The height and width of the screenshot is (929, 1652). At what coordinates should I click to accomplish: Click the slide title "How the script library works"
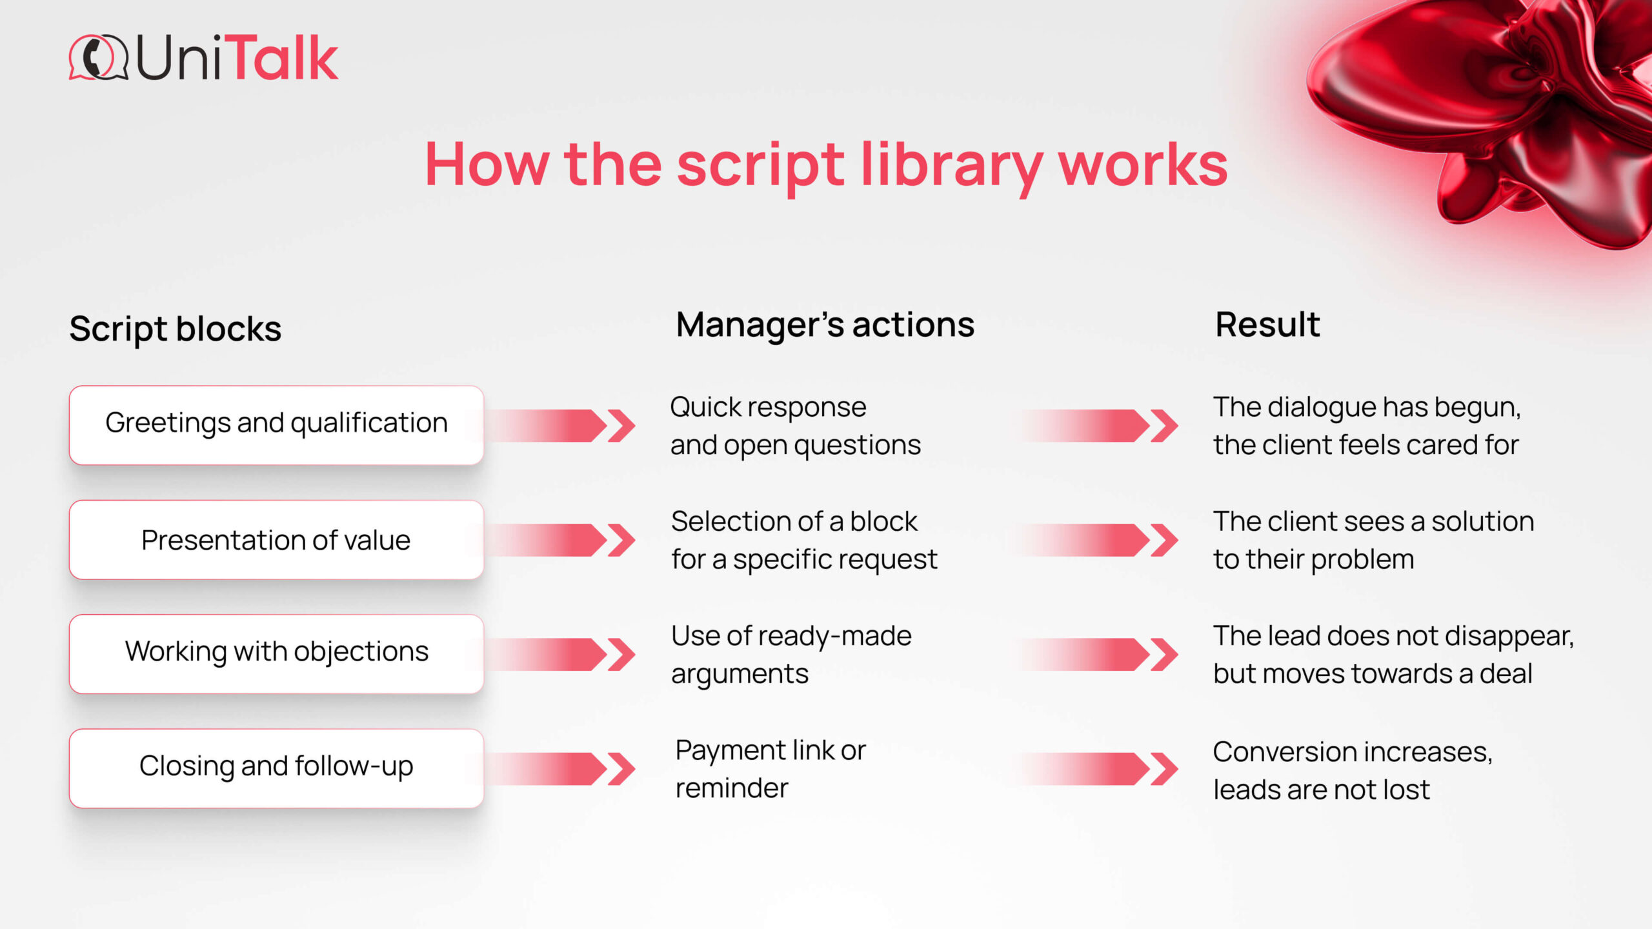pos(826,166)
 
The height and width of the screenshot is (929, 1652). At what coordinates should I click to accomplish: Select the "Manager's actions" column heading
pos(825,325)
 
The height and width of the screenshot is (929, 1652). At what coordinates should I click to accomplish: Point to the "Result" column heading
pos(1267,325)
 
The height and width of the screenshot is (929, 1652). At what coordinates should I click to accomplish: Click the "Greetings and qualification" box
pos(276,425)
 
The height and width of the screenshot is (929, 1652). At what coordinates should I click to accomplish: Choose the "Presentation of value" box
pos(276,540)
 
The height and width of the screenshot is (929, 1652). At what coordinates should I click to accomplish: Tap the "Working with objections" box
pos(276,654)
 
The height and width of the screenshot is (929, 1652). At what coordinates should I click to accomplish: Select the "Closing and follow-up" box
pos(276,768)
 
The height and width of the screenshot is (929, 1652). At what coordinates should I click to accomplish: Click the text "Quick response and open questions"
pos(796,426)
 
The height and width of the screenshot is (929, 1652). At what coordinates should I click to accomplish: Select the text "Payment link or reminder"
pos(771,769)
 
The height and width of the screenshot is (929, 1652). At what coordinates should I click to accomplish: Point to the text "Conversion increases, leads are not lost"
pos(1353,771)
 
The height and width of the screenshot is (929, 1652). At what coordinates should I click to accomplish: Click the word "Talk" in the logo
pos(284,58)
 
